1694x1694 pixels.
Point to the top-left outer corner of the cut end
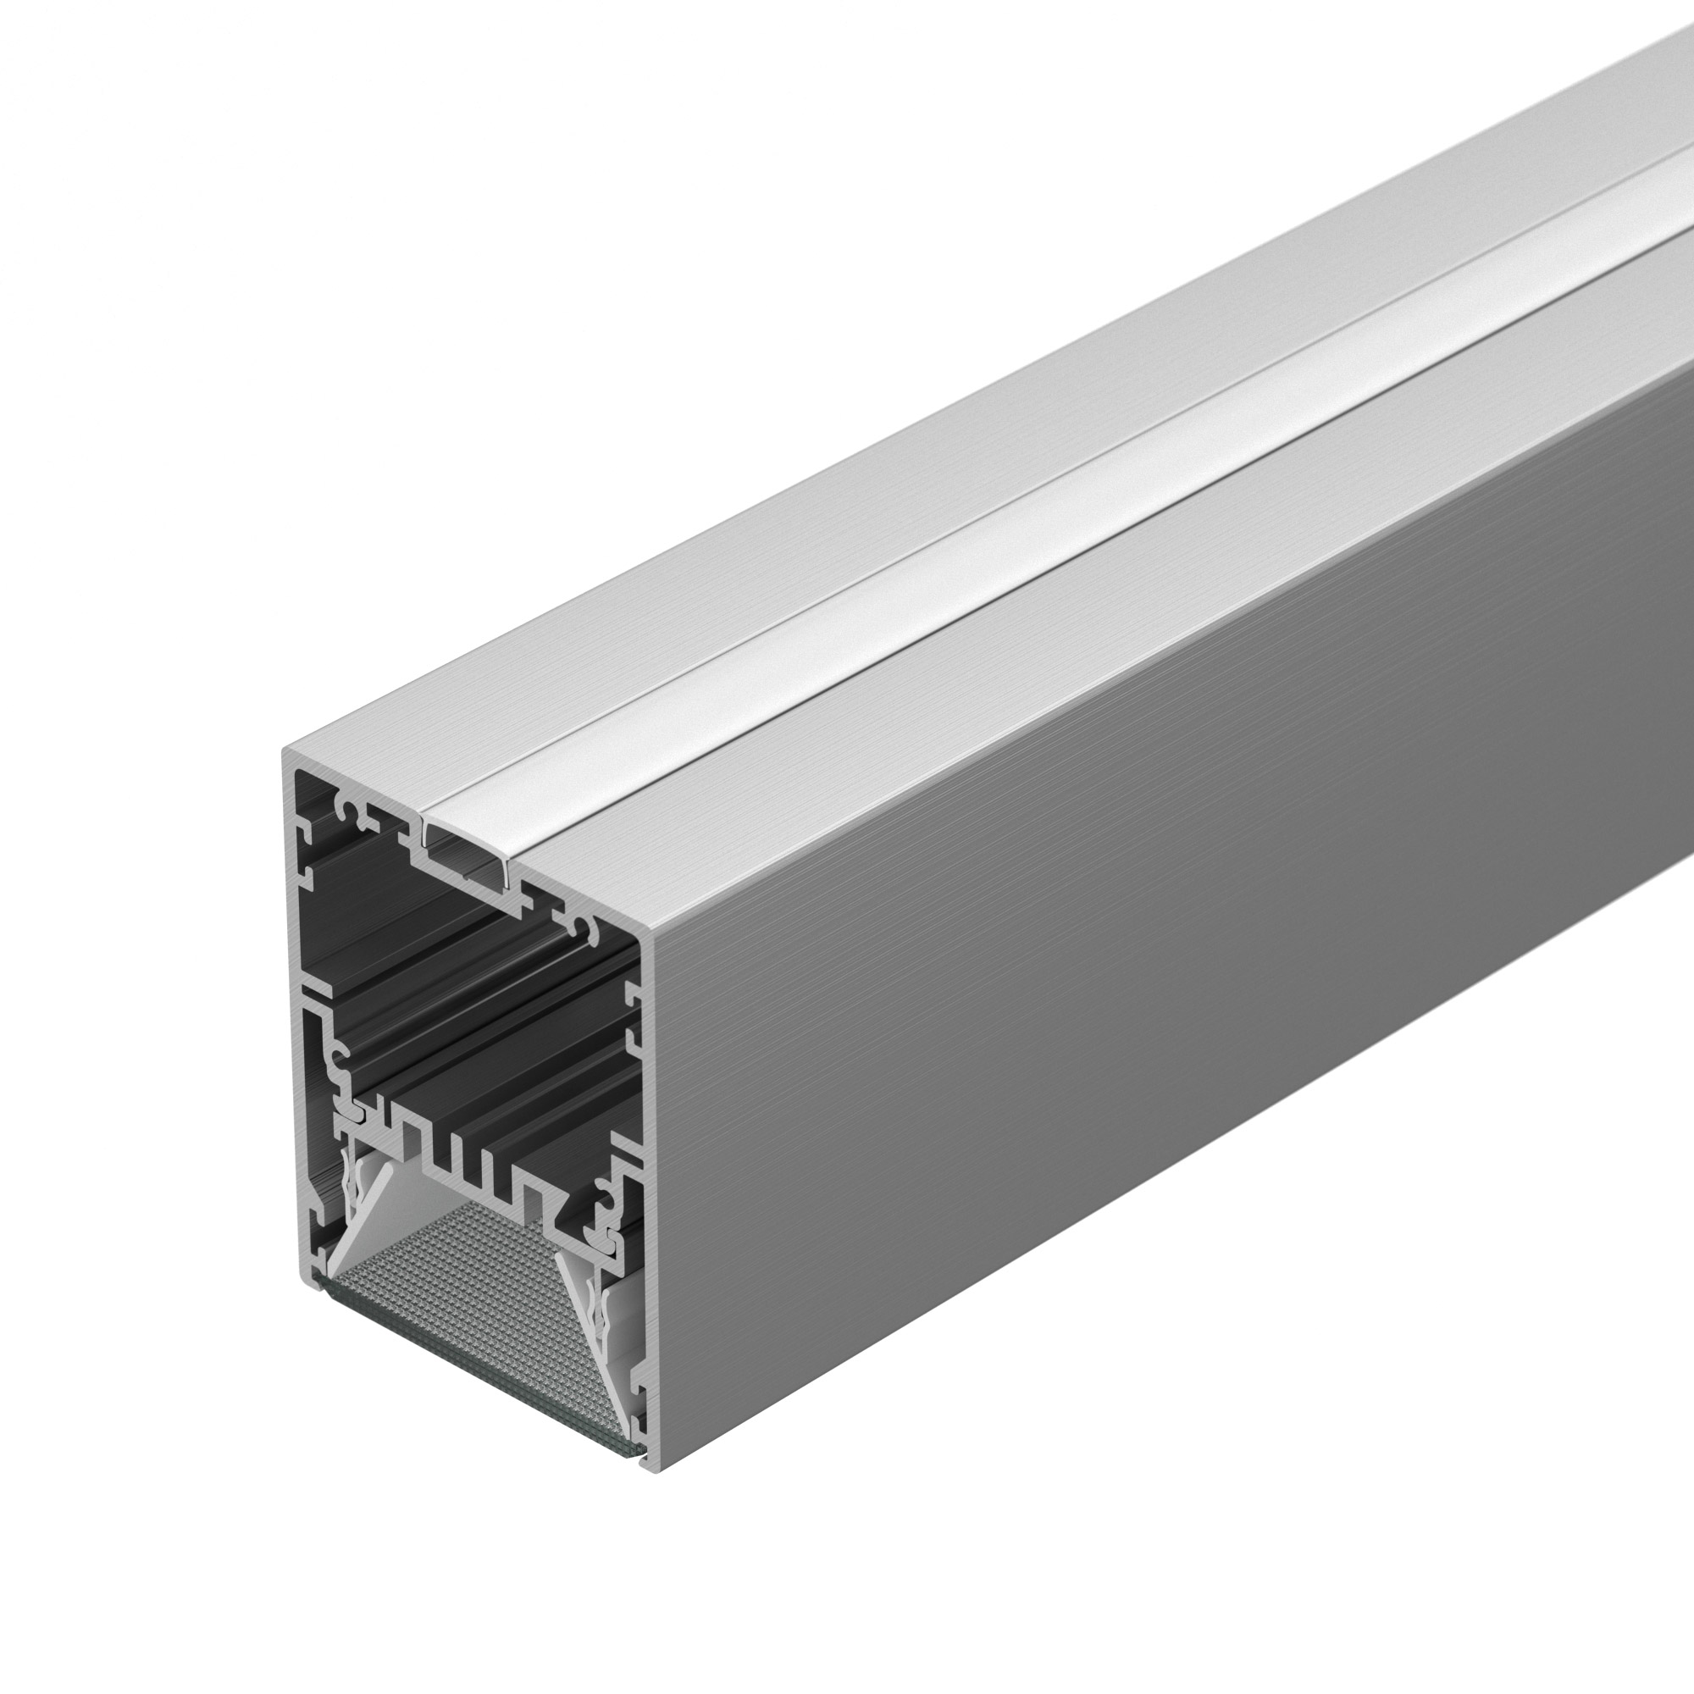[x=285, y=752]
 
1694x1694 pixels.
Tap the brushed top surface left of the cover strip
[x=701, y=570]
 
